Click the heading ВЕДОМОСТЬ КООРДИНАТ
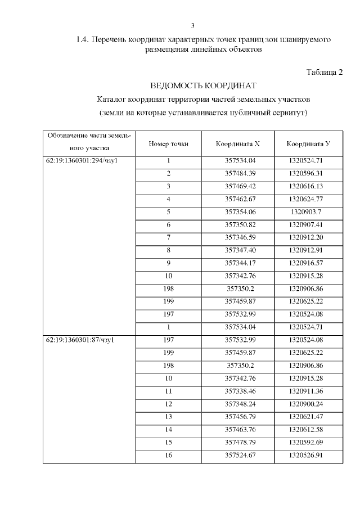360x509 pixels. [x=203, y=86]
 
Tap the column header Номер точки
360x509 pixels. [x=168, y=144]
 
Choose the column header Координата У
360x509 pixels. [x=308, y=144]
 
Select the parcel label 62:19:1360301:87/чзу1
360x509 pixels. [x=83, y=340]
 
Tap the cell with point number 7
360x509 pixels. [x=168, y=237]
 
